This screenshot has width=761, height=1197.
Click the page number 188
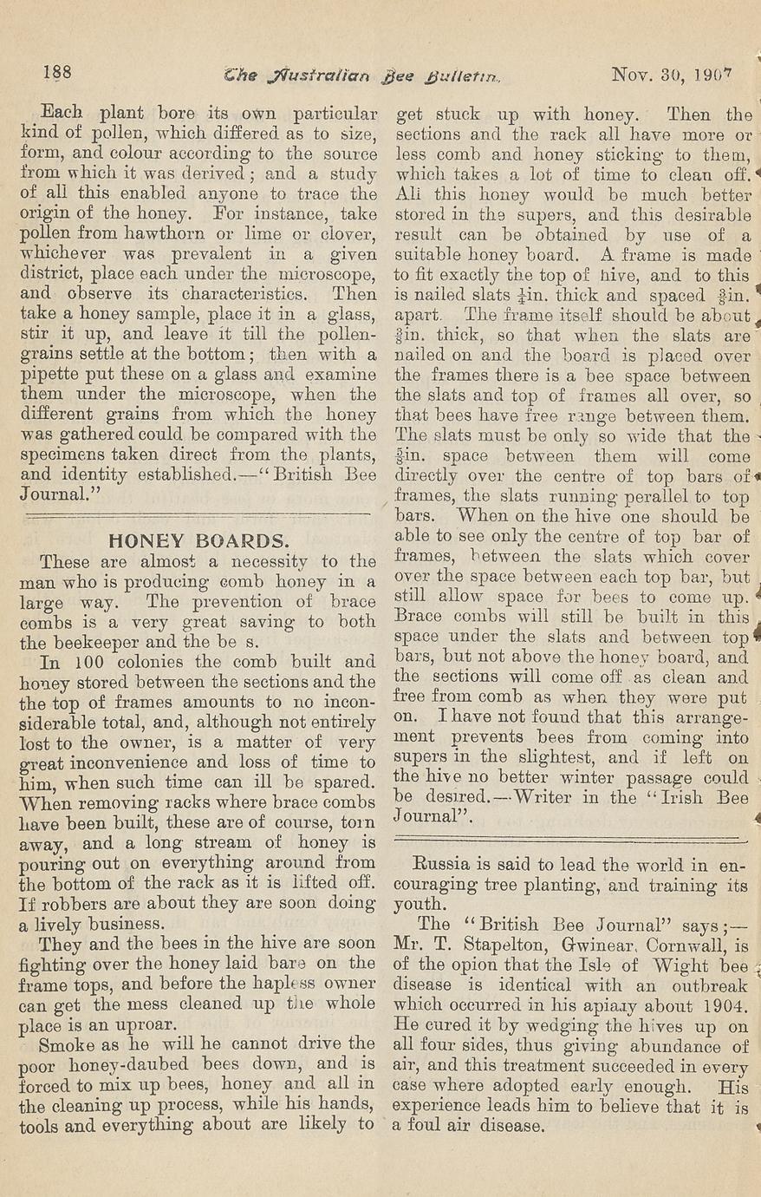point(57,72)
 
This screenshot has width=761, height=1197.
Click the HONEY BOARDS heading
point(198,541)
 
